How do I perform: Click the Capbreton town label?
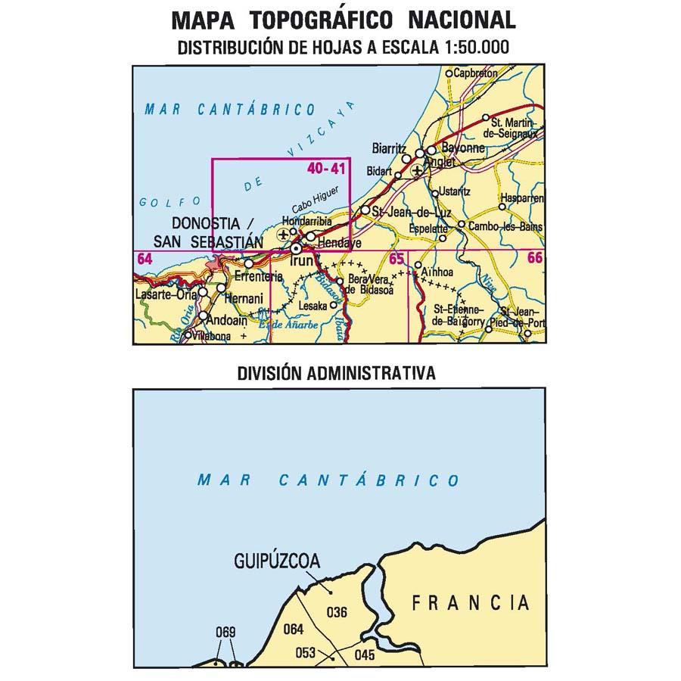click(476, 73)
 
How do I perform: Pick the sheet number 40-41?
click(327, 169)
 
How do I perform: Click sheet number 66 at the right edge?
click(535, 259)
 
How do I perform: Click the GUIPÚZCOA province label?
click(277, 561)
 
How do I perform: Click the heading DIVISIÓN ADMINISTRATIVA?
click(336, 372)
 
